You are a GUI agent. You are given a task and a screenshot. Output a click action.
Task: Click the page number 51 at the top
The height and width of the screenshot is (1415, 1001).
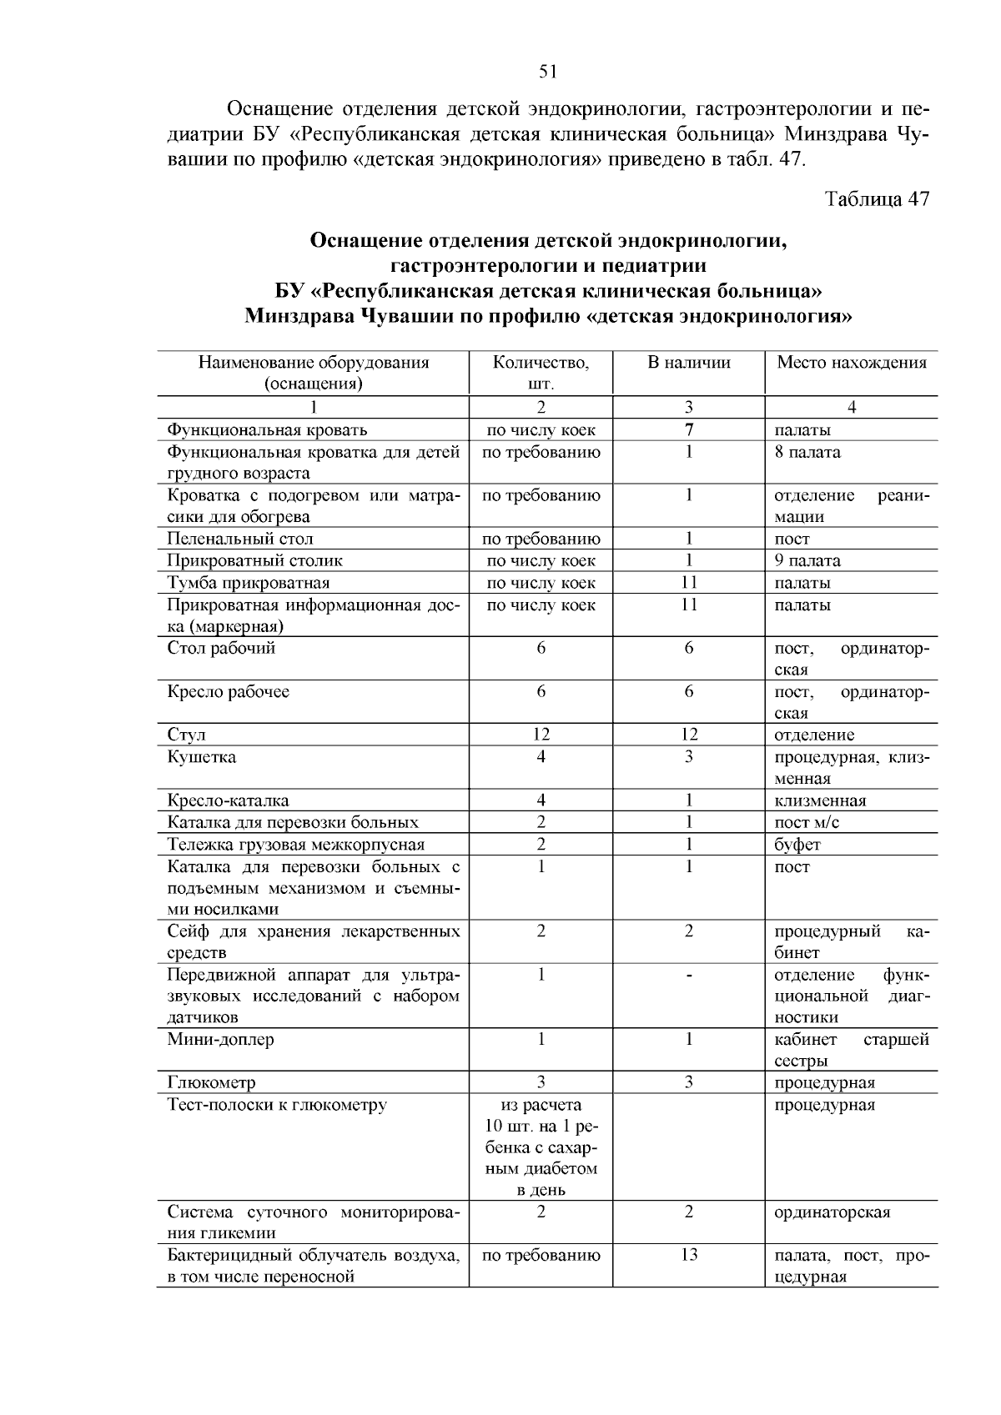point(548,72)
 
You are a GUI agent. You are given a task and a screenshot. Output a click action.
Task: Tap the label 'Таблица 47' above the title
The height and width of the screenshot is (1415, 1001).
point(877,199)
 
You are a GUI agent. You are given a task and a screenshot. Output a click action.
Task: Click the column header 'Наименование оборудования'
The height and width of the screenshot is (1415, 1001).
point(314,363)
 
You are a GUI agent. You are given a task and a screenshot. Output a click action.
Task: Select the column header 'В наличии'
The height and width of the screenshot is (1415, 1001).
point(689,363)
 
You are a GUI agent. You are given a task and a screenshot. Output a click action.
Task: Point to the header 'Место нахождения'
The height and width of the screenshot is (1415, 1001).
point(852,363)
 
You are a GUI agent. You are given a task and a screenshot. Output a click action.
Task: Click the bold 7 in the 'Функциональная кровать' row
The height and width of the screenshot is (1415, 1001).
point(689,430)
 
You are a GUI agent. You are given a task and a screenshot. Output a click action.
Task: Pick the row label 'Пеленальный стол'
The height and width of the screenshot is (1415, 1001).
point(240,539)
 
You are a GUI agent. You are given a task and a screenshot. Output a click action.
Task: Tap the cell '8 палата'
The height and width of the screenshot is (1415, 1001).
point(807,452)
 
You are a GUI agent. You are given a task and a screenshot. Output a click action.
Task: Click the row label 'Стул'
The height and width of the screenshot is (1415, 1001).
point(186,735)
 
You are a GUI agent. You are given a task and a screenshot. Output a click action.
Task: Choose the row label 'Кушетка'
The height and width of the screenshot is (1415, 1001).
point(202,757)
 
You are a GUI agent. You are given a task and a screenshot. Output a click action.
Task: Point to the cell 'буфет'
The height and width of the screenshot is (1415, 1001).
point(797,845)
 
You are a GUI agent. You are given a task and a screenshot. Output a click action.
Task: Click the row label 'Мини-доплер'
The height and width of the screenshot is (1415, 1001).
point(220,1039)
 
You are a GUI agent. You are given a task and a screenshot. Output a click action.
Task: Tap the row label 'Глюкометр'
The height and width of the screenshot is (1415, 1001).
point(211,1083)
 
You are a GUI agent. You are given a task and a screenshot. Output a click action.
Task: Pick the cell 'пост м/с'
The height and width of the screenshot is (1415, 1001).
point(807,823)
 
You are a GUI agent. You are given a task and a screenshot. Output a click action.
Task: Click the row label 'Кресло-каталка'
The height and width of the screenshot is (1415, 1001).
point(228,800)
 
